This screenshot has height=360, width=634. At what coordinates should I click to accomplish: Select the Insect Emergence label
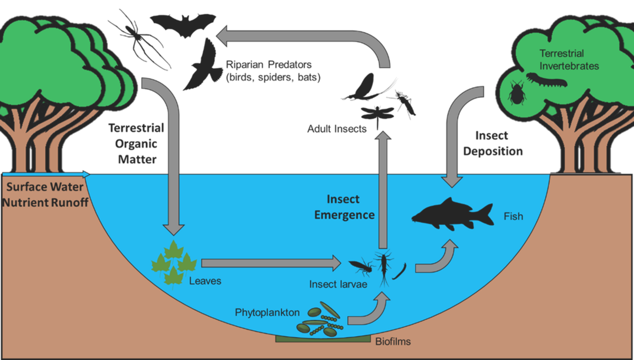[x=344, y=207]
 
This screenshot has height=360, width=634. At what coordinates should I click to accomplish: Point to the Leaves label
[x=205, y=281]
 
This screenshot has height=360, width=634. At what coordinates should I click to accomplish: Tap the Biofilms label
[x=393, y=341]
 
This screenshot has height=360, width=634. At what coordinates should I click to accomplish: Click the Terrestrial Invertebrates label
[x=569, y=60]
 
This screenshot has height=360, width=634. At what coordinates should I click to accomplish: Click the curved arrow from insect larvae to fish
[x=438, y=259]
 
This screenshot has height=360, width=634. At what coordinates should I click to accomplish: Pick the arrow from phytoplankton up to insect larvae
[x=370, y=312]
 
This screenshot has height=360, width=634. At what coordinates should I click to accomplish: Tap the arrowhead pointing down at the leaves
[x=174, y=228]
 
